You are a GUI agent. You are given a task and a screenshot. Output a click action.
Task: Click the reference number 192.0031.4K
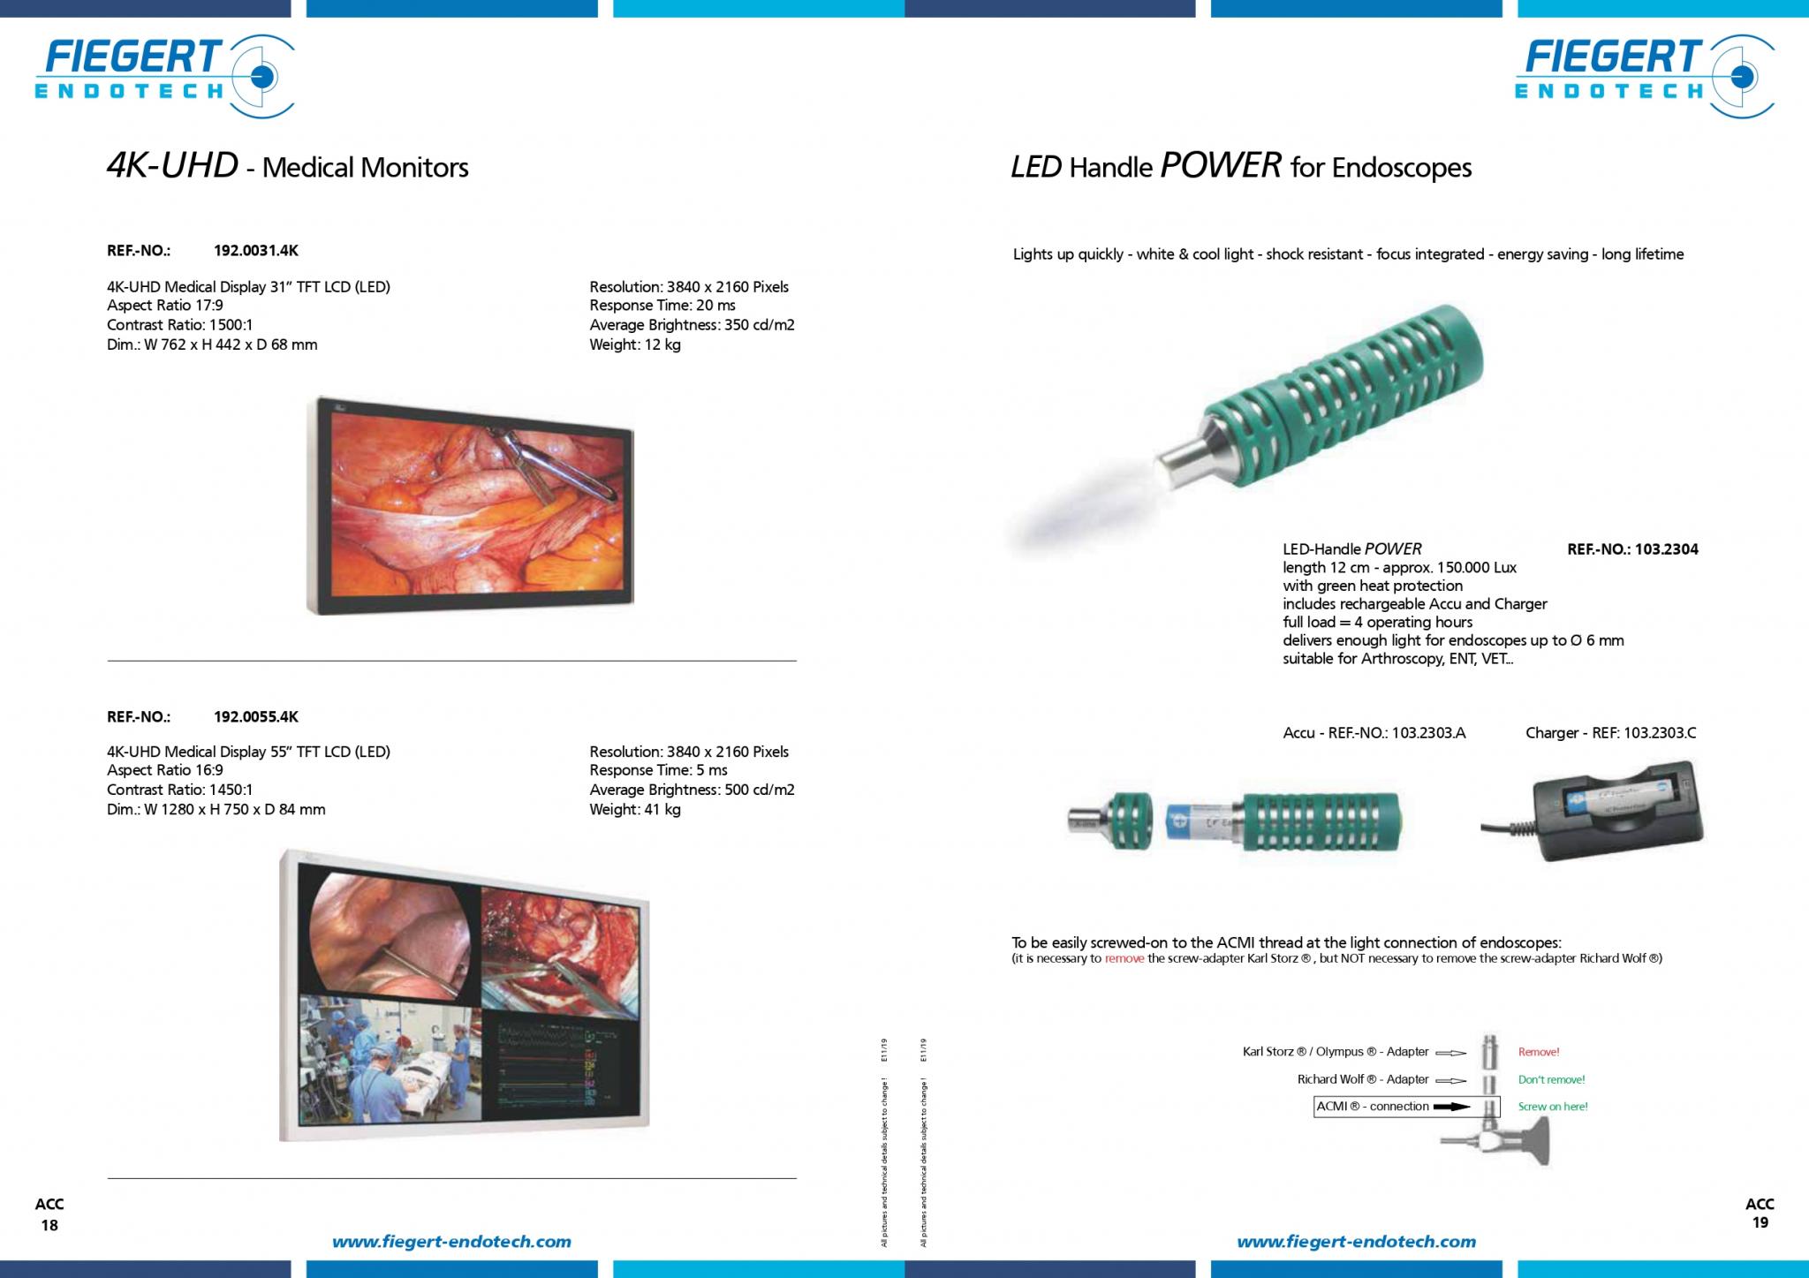tap(256, 251)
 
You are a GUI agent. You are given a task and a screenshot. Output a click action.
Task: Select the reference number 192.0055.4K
tap(256, 717)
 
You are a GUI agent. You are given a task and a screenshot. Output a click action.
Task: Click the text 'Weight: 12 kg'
tap(635, 344)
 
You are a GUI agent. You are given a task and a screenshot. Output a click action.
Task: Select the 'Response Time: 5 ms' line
tap(658, 770)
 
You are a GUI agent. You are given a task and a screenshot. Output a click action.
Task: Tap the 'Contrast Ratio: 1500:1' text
tap(180, 325)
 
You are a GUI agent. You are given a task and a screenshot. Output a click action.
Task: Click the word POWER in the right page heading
tap(1221, 166)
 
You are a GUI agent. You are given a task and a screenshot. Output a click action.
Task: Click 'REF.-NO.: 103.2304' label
tap(1632, 549)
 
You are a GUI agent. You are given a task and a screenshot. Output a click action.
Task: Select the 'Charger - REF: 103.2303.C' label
tap(1610, 733)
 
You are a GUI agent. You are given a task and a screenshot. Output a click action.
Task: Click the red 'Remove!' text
tap(1539, 1052)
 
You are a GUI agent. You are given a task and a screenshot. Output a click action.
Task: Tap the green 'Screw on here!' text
tap(1553, 1107)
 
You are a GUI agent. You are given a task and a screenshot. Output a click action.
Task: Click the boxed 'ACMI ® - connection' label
tap(1372, 1107)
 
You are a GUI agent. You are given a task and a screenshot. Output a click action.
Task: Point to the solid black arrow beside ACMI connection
tap(1451, 1107)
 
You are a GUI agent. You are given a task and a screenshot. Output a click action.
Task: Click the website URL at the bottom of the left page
tap(451, 1242)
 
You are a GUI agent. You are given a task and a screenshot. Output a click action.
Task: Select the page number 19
tap(1760, 1223)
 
